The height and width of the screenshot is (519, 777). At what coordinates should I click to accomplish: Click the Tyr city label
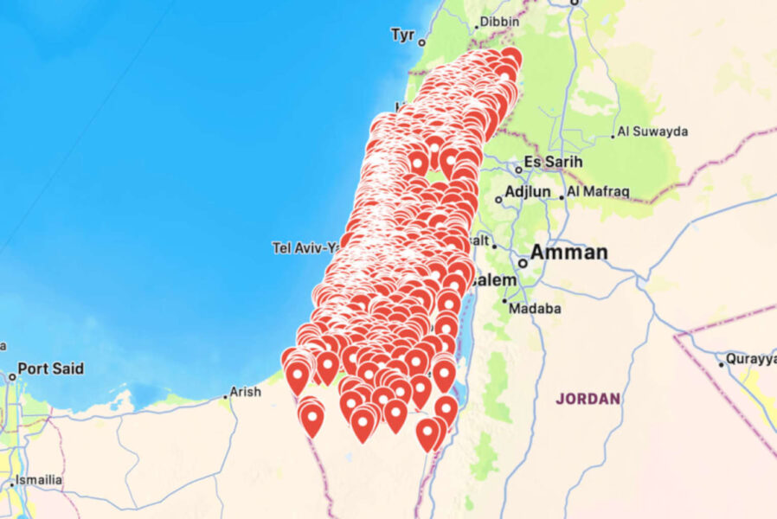(402, 35)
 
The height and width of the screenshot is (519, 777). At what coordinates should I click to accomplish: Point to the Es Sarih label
(554, 162)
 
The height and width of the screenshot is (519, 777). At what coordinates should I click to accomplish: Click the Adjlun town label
(528, 191)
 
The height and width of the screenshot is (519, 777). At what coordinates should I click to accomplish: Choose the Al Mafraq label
(599, 191)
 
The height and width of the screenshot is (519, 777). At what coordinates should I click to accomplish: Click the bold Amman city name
(568, 253)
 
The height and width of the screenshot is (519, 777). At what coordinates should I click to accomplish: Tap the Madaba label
(535, 308)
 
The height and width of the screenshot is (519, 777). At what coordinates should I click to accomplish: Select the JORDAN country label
(588, 399)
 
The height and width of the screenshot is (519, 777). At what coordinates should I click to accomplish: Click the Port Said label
(51, 368)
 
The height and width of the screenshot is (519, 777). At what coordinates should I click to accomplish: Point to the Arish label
(245, 391)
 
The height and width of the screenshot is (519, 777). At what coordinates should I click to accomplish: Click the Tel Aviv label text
(303, 248)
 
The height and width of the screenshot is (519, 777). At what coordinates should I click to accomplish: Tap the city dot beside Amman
(523, 262)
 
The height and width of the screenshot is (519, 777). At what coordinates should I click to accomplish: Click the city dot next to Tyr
(422, 42)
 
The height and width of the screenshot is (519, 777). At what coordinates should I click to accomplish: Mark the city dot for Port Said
(12, 377)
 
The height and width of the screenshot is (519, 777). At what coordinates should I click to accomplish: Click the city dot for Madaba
(504, 301)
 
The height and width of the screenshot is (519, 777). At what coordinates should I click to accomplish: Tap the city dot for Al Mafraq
(562, 197)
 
